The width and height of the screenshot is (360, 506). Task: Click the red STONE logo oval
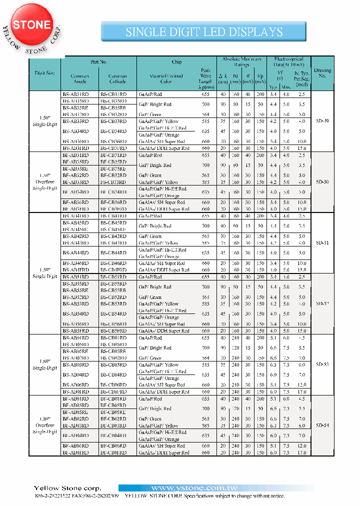[x=31, y=24]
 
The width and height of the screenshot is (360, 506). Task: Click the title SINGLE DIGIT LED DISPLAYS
[x=204, y=32]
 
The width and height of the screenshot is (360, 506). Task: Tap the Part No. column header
[x=98, y=62]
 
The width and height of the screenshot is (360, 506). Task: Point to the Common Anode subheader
[x=79, y=79]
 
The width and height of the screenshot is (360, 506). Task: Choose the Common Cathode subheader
[x=117, y=79]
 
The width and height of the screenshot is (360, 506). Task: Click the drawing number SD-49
[x=322, y=121]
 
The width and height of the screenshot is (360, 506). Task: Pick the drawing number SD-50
[x=322, y=182]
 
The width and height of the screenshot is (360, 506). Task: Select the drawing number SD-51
[x=322, y=242]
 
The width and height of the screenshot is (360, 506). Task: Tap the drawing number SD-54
[x=322, y=425]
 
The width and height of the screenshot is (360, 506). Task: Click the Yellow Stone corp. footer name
[x=67, y=488]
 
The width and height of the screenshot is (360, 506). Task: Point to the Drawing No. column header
[x=322, y=73]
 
